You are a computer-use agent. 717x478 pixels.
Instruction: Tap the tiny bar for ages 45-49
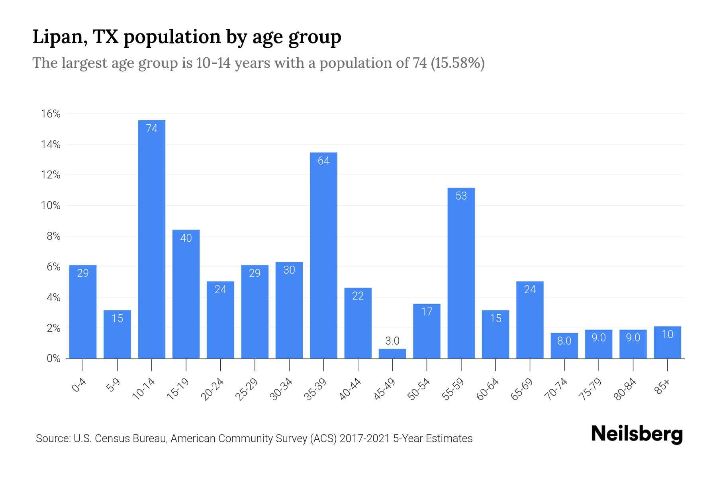point(392,354)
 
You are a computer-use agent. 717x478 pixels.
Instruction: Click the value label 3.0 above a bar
point(392,341)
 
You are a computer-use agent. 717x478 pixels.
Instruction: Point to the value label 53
point(461,196)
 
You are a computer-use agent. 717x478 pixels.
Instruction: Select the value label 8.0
point(564,341)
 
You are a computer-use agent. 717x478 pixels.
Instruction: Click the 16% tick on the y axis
point(51,114)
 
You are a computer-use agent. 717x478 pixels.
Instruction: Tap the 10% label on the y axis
point(51,206)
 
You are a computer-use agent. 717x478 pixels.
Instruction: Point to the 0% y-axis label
point(53,358)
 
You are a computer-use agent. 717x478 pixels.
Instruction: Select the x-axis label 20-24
point(212,390)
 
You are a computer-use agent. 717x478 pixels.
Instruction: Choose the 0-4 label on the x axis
point(79,386)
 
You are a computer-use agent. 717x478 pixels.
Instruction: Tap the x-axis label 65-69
point(522,390)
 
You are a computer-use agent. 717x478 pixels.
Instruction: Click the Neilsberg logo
point(637,434)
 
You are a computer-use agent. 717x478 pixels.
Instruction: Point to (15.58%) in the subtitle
point(457,63)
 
